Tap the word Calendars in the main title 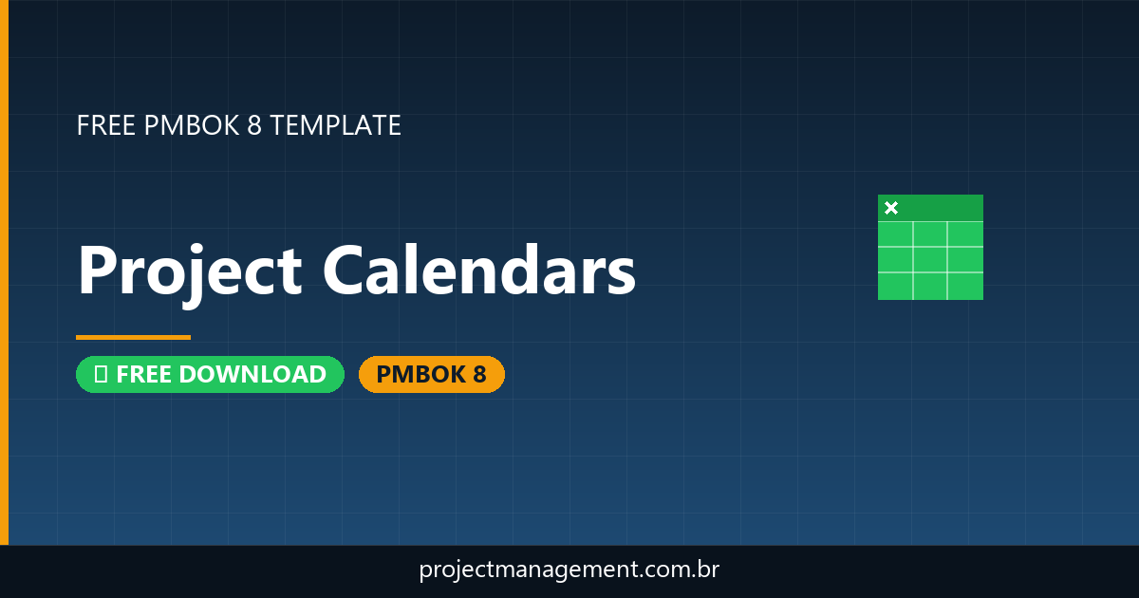point(479,271)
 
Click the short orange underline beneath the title point(133,337)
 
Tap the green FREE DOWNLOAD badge point(210,375)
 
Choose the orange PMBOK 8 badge point(431,375)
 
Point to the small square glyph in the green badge point(100,375)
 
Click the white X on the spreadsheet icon point(891,208)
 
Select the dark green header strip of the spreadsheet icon point(940,208)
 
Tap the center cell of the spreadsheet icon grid point(930,259)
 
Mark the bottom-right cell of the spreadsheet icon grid point(965,285)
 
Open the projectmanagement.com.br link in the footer point(569,570)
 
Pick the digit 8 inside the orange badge point(479,375)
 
